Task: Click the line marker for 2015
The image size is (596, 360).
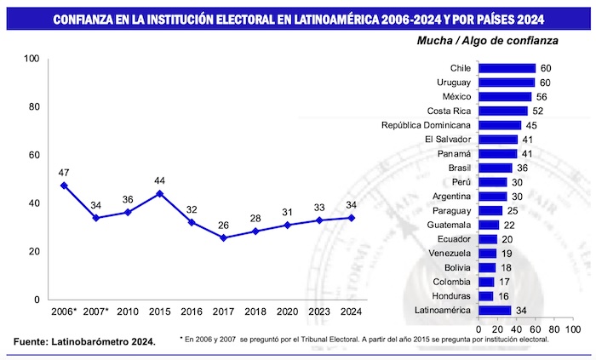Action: coord(159,193)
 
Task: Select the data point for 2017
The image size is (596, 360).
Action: coord(224,237)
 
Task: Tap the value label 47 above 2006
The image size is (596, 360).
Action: coord(64,172)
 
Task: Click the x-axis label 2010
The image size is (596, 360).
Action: coord(128,312)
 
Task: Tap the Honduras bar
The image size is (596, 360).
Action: coord(486,295)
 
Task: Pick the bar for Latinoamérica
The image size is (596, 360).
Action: coord(495,310)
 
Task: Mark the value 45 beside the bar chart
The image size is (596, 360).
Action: coord(529,125)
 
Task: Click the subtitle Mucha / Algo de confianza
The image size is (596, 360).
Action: coord(487,40)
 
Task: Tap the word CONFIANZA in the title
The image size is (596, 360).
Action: coord(85,18)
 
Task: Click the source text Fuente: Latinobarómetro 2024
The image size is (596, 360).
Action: coord(84,341)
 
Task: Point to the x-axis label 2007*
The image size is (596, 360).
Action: coord(95,312)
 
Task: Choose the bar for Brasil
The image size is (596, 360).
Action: coord(496,168)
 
